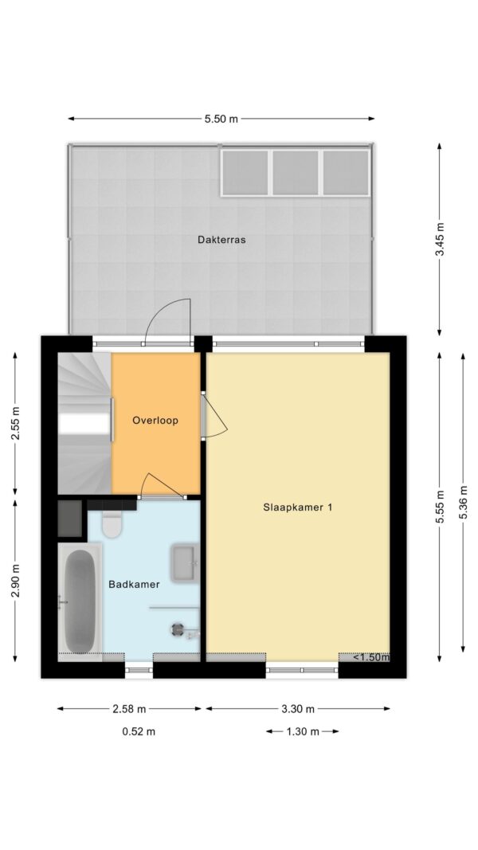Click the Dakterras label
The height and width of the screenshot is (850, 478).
point(221,239)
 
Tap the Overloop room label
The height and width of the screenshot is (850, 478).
point(155,420)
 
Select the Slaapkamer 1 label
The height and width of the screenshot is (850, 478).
point(297,507)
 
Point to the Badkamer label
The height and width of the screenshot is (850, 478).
point(134,585)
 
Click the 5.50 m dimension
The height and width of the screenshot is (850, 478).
point(221,119)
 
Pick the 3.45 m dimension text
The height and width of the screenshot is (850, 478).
point(440,239)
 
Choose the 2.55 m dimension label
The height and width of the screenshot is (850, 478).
point(15,423)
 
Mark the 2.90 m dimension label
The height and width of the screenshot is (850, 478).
point(15,581)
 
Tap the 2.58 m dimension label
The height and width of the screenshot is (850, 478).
point(130,708)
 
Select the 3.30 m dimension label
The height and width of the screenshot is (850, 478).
point(297,708)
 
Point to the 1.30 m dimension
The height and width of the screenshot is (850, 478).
point(303,731)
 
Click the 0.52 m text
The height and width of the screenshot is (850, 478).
point(139,731)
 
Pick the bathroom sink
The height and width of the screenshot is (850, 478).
point(185,564)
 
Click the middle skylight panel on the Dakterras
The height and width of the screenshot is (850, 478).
point(296,172)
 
